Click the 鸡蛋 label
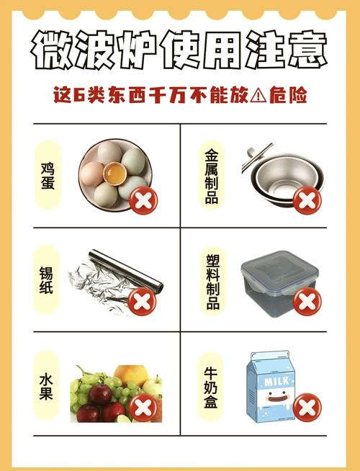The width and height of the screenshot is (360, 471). (x=48, y=177)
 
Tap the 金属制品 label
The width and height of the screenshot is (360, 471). (x=211, y=176)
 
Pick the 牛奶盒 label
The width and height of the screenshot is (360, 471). (x=211, y=388)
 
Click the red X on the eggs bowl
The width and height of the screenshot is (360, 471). (x=145, y=199)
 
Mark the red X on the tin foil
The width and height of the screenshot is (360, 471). (x=145, y=302)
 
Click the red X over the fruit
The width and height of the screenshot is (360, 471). (x=145, y=407)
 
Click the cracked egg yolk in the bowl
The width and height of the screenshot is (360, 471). (x=113, y=174)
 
